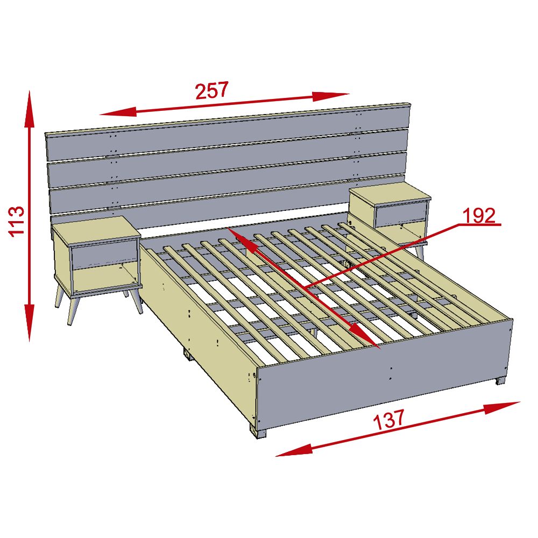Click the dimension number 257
[x=212, y=90]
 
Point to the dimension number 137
[x=389, y=419]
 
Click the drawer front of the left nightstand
[x=104, y=254]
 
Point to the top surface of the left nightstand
[x=96, y=230]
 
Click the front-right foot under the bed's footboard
[x=501, y=381]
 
